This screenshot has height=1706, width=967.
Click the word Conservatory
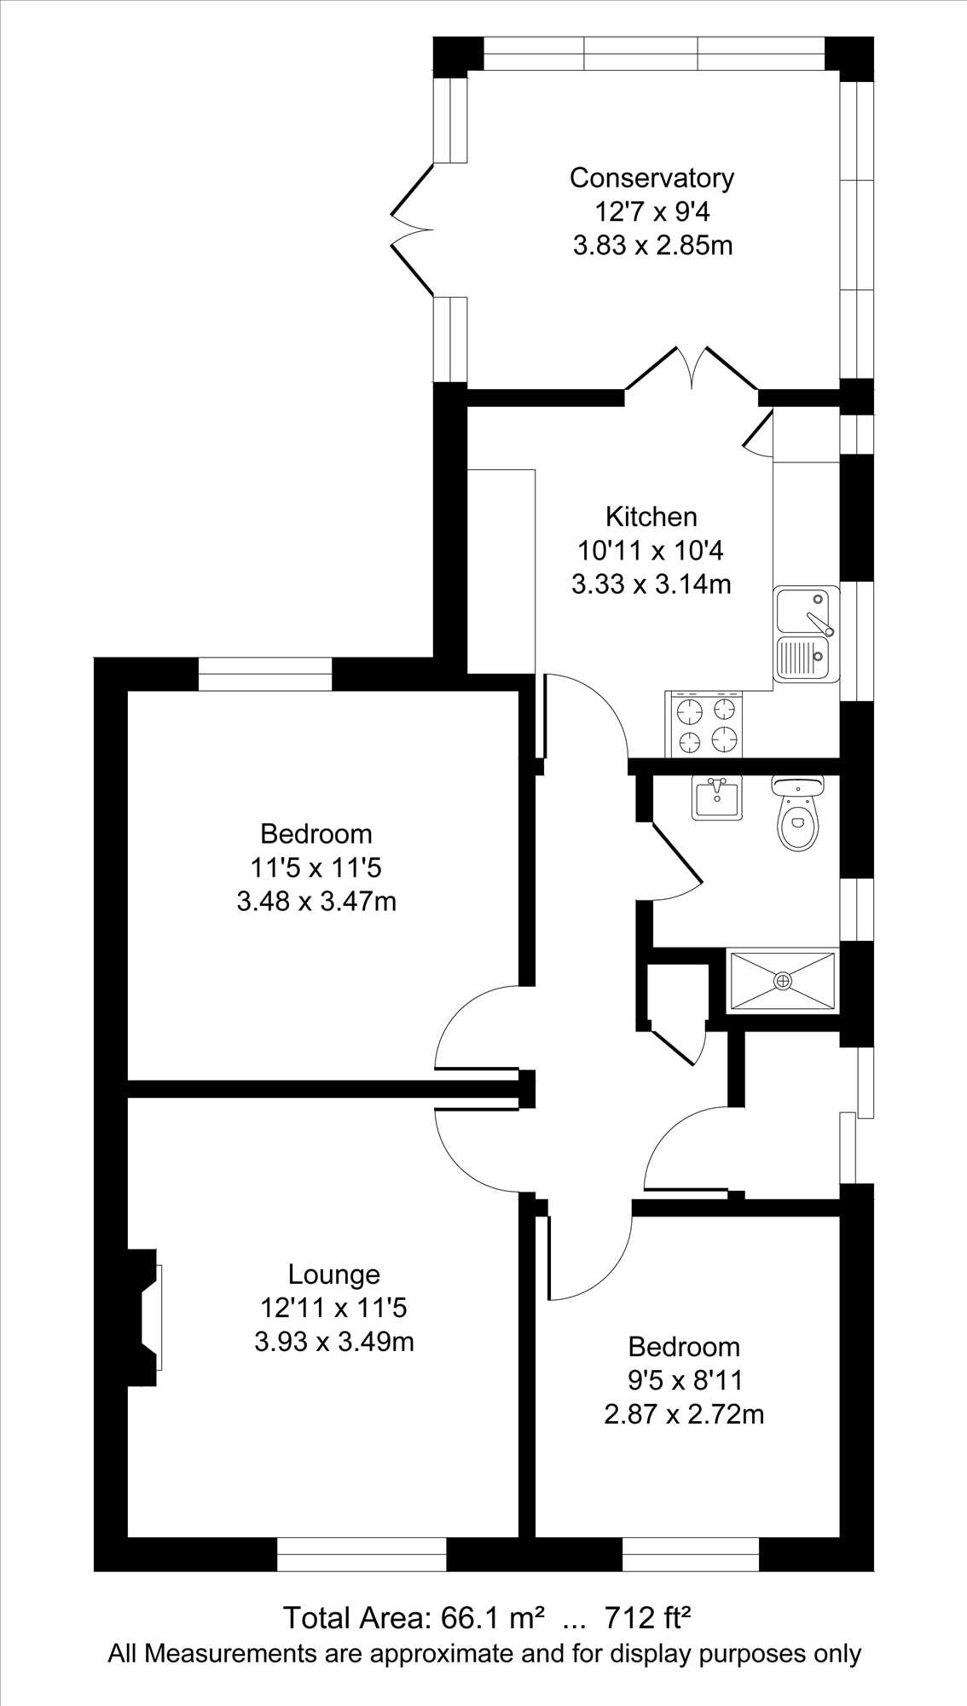point(651,177)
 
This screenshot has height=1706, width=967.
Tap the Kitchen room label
point(651,516)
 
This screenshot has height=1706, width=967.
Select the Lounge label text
point(333,1274)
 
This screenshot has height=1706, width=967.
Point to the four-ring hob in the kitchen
point(704,724)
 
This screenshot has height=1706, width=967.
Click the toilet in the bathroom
point(797,813)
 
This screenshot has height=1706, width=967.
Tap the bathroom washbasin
point(716,798)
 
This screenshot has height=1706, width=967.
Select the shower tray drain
point(783,981)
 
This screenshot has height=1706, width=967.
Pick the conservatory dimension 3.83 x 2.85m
point(653,246)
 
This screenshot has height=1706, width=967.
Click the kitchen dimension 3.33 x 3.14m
point(651,584)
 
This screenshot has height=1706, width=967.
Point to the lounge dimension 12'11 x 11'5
point(334,1308)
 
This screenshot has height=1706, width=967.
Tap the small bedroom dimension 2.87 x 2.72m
point(684,1414)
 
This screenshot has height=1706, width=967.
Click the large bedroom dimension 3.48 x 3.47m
point(316,901)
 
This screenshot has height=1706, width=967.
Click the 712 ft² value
point(647,1617)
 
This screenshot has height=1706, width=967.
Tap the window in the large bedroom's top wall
point(265,674)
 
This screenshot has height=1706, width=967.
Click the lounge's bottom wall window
point(362,1555)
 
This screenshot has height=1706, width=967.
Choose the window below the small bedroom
point(691,1555)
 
